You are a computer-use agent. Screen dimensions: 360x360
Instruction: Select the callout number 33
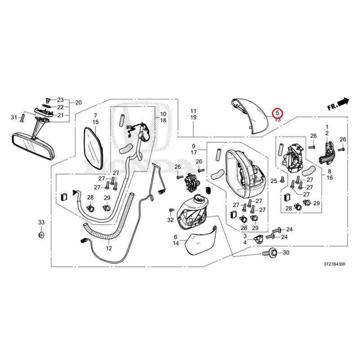click(x=41, y=223)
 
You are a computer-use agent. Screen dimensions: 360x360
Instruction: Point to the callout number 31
click(x=13, y=118)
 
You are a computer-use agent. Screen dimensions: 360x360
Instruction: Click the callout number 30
click(x=285, y=253)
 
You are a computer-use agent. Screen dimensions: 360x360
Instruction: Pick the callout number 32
click(x=170, y=220)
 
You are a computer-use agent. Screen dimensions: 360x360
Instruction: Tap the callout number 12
click(x=109, y=248)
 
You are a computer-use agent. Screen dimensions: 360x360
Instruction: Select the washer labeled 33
click(x=41, y=235)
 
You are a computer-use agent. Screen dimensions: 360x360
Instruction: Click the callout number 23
click(x=61, y=99)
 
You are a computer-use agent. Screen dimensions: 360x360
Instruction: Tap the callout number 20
click(x=78, y=103)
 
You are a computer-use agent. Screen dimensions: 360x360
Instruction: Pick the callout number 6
click(x=175, y=236)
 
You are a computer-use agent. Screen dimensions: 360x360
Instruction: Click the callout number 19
click(x=193, y=117)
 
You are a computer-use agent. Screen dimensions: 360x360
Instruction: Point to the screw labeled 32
click(x=171, y=211)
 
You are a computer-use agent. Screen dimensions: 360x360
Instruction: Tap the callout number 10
click(x=163, y=114)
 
